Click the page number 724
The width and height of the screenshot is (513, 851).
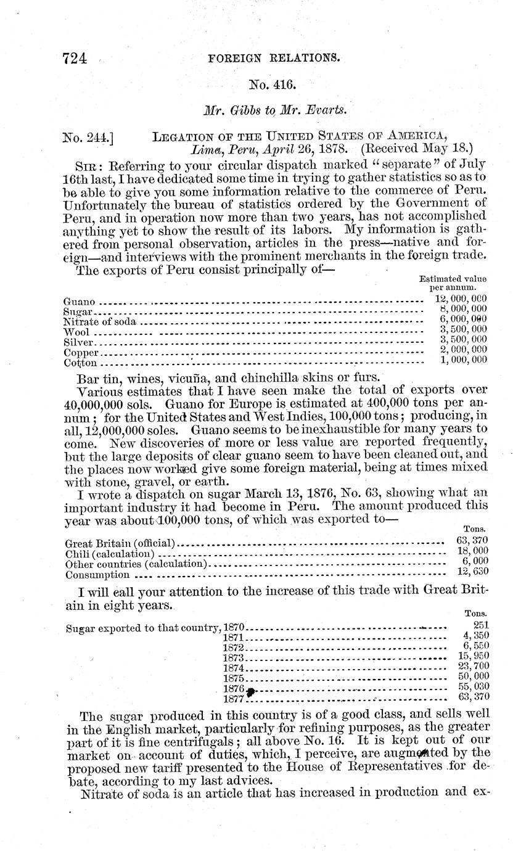pyautogui.click(x=76, y=59)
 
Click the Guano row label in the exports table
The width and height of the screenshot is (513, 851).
pyautogui.click(x=80, y=302)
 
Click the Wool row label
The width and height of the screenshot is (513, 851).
pyautogui.click(x=76, y=332)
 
